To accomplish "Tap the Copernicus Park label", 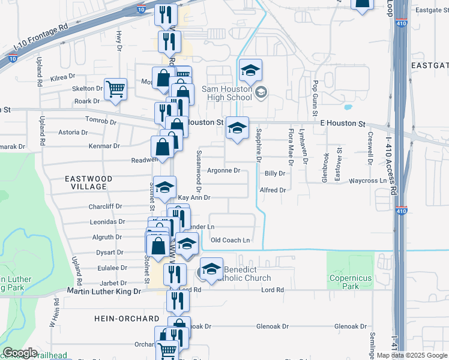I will point(351,282).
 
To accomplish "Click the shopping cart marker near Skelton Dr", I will point(115,89).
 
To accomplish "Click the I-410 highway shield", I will point(402,211).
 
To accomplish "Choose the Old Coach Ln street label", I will point(230,240).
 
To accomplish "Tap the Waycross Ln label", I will point(368,180).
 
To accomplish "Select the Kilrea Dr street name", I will point(62,77).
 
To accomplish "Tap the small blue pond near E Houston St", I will point(348,109).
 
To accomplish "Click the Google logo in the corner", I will point(20,353).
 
